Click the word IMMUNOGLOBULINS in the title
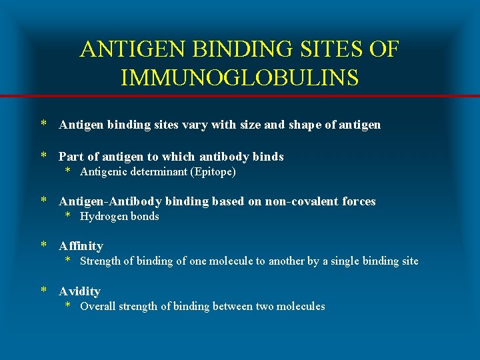coord(240,77)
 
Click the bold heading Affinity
coord(81,246)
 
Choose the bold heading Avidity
coord(79,291)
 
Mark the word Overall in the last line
coord(97,306)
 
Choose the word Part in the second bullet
coord(71,157)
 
